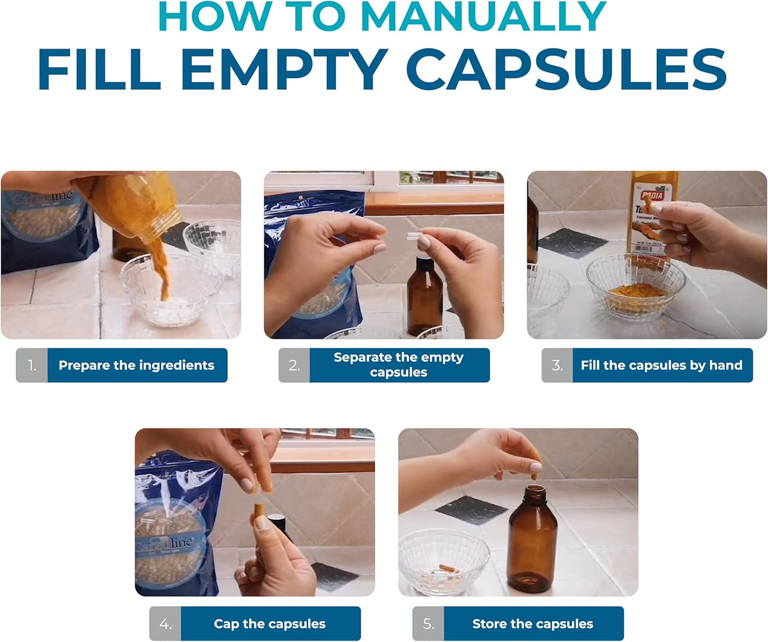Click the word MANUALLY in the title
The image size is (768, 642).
click(483, 17)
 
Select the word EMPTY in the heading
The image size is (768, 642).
click(284, 70)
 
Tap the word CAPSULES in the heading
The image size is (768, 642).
click(568, 70)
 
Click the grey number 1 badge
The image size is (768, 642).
click(32, 365)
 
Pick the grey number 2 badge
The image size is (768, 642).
click(294, 365)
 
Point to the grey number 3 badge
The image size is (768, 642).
click(557, 365)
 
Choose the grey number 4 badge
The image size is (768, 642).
click(165, 624)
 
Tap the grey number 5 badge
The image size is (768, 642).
click(428, 624)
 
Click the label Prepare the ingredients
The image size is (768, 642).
click(137, 365)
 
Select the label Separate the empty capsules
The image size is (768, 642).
click(399, 365)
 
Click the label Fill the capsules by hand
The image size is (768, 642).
click(661, 365)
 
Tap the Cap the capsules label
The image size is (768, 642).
click(269, 624)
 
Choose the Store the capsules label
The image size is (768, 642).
click(533, 624)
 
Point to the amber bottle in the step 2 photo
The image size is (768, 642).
click(425, 295)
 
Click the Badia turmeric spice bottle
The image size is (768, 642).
click(652, 218)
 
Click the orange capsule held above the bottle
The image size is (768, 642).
click(536, 468)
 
